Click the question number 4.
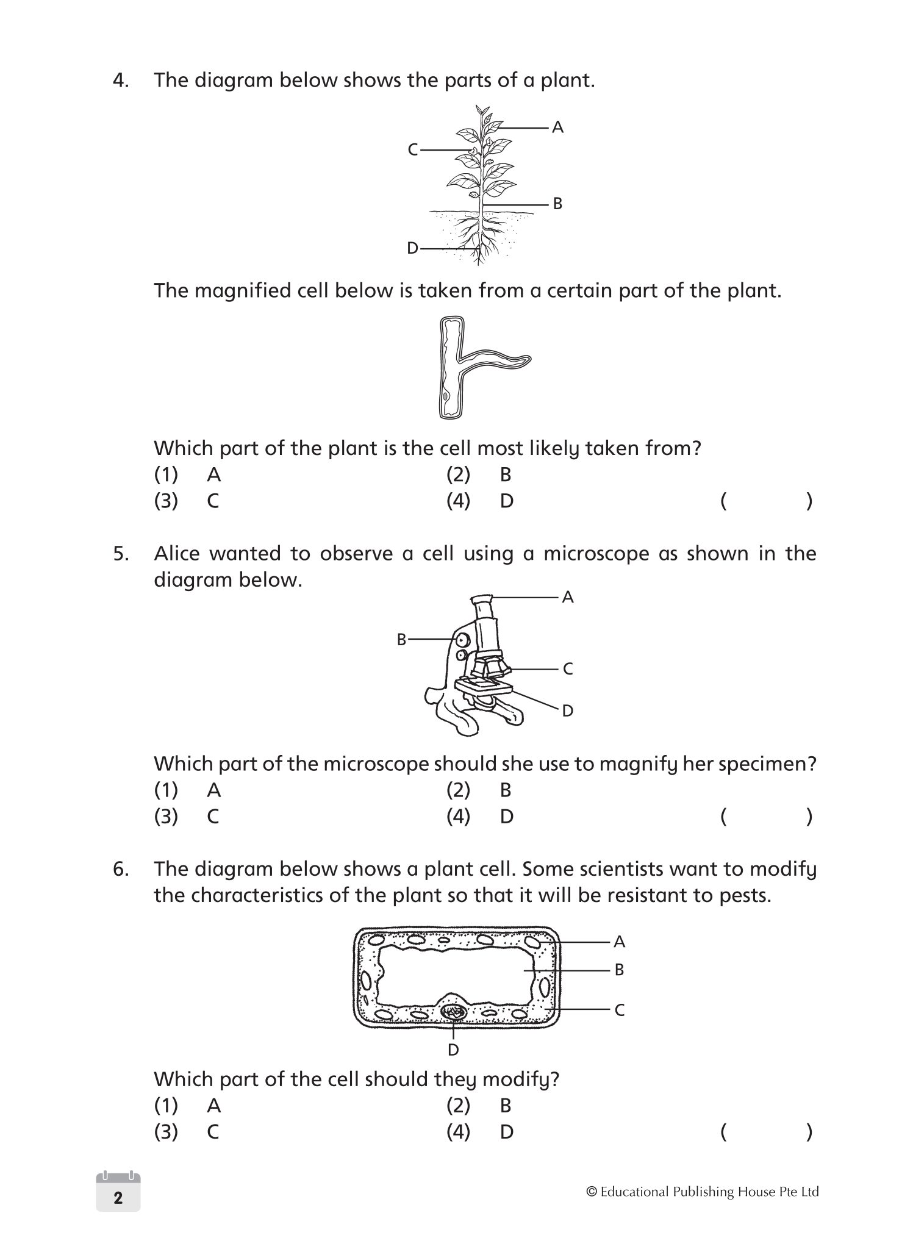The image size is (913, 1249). (120, 81)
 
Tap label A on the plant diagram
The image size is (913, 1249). (557, 127)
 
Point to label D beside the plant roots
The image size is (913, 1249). (413, 248)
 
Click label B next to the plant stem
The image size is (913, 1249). (557, 204)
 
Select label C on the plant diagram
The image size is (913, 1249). (413, 149)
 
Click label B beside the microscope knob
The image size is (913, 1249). (401, 639)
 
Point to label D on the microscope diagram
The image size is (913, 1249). (567, 710)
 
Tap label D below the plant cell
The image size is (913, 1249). (453, 1050)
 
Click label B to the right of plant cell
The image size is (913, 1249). (619, 970)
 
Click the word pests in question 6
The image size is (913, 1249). (745, 895)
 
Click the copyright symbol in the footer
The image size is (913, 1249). (590, 1192)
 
